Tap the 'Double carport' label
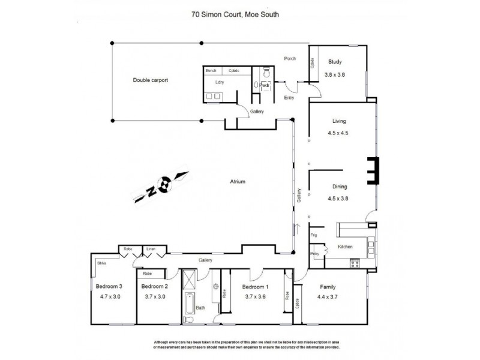tap(150, 79)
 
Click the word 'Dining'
tap(336, 187)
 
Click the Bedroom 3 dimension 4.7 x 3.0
tap(110, 296)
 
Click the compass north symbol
tap(161, 187)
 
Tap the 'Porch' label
tap(290, 58)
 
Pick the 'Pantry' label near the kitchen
tap(315, 254)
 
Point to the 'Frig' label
tap(314, 236)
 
